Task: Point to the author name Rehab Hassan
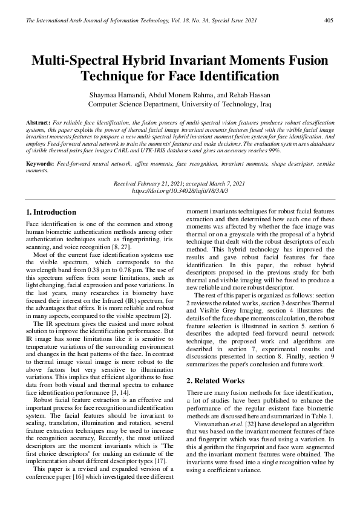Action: point(248,96)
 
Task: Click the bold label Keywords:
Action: point(41,164)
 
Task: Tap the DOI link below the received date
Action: point(180,190)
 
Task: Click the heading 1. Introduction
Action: point(52,212)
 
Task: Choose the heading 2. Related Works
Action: point(215,381)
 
